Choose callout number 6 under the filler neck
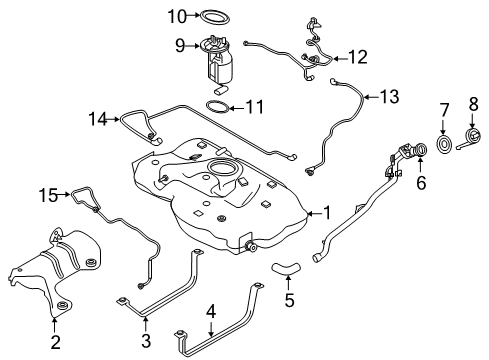[x=420, y=184]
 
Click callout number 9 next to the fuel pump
[x=182, y=45]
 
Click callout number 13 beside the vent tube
[x=388, y=97]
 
